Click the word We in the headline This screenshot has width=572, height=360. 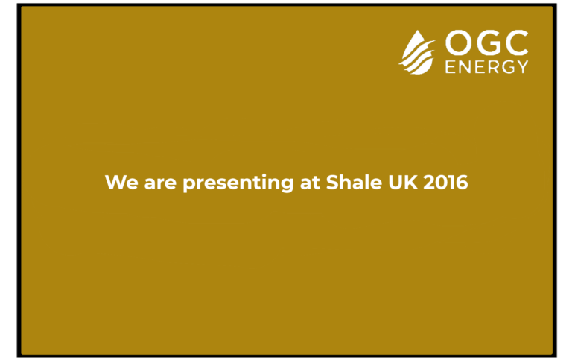(121, 182)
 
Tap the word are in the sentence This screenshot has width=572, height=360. (161, 183)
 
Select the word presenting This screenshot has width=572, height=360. (238, 183)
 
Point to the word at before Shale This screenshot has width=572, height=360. (310, 183)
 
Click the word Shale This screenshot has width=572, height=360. (354, 182)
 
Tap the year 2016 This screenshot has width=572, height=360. (445, 182)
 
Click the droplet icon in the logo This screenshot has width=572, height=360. (417, 53)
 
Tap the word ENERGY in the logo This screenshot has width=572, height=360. (486, 67)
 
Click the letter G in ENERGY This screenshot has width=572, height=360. (508, 67)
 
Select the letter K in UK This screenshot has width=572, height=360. (410, 182)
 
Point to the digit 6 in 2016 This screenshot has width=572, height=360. (462, 182)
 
